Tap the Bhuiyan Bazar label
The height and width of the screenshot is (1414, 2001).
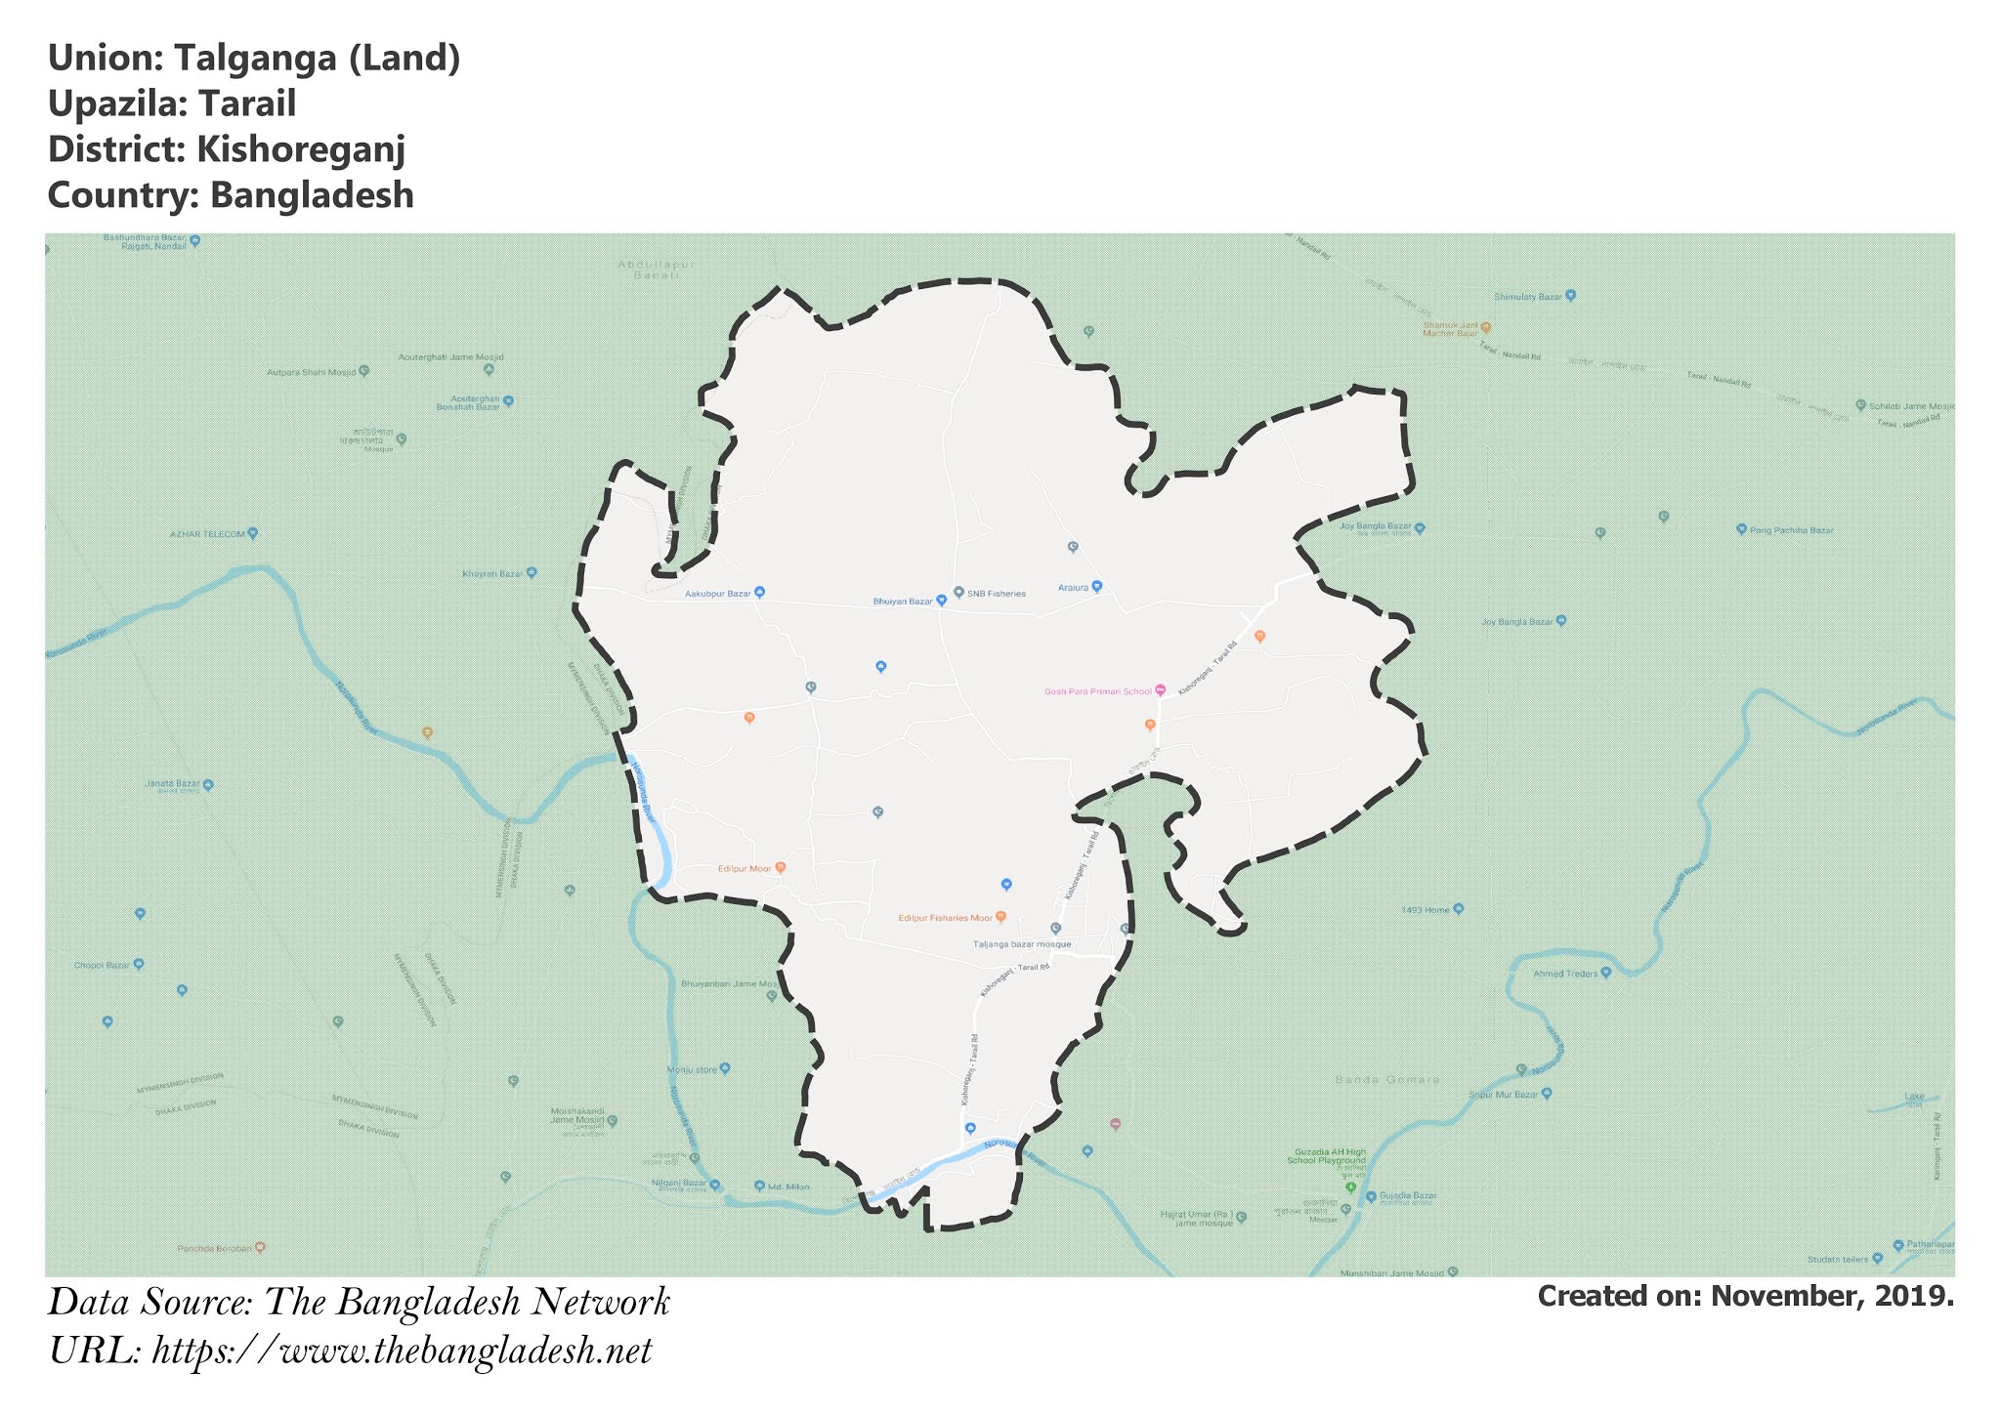(x=903, y=602)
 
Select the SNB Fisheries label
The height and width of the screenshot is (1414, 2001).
(x=996, y=594)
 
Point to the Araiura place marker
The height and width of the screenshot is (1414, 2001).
(x=1096, y=587)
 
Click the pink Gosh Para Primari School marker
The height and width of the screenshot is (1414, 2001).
(x=1160, y=690)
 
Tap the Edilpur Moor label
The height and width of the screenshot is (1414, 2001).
(x=745, y=868)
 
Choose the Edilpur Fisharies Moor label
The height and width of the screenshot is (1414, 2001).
(x=946, y=918)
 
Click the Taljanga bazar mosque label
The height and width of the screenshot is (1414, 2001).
(x=1022, y=944)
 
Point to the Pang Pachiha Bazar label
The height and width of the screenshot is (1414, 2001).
(x=1791, y=530)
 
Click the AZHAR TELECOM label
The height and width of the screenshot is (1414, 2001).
(x=207, y=534)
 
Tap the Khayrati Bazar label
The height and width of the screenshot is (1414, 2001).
(x=493, y=573)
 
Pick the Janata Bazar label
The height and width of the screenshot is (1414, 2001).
(x=172, y=783)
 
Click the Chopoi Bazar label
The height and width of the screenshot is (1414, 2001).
(x=102, y=965)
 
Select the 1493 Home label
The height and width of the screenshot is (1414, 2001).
(x=1426, y=909)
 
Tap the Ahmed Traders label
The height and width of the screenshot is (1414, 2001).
(x=1565, y=974)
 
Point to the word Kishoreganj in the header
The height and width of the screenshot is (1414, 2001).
(x=300, y=149)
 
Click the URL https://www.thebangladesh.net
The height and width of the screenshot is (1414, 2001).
(x=402, y=1352)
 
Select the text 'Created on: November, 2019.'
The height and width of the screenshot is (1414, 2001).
(x=1745, y=1297)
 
